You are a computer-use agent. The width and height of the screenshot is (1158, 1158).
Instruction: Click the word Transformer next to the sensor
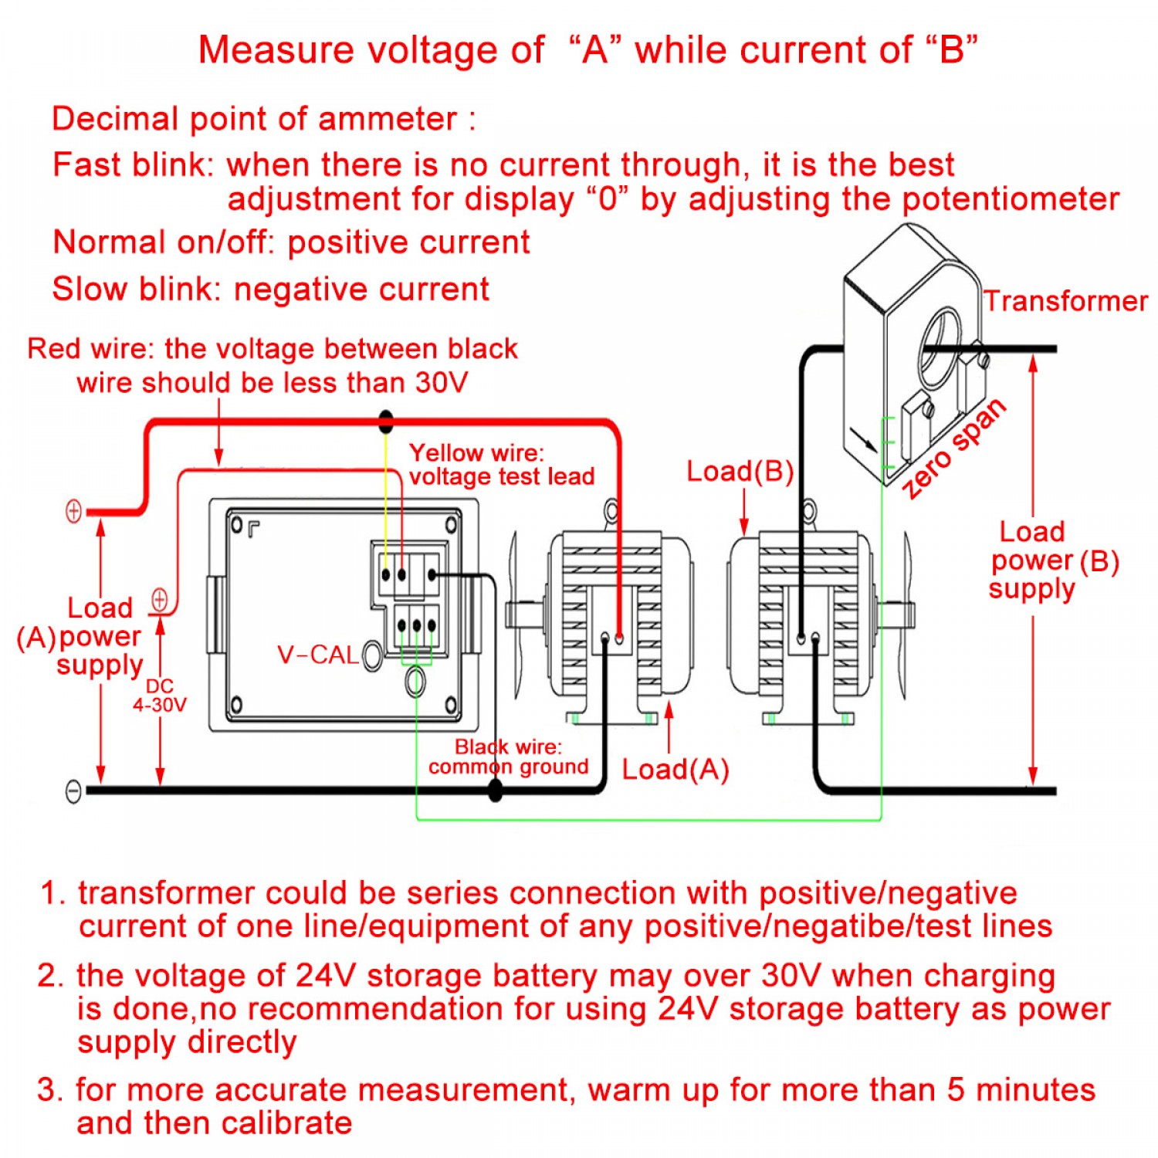(1065, 301)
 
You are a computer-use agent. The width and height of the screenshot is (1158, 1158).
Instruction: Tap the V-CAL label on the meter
(317, 655)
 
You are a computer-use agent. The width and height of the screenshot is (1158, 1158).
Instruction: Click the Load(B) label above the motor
(740, 471)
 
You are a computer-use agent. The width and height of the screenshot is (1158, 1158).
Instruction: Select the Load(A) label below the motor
(675, 769)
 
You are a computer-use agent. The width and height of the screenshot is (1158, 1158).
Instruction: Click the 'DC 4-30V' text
(159, 696)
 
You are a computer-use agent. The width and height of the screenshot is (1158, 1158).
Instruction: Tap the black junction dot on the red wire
(386, 422)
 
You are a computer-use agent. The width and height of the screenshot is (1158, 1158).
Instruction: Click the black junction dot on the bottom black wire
(496, 790)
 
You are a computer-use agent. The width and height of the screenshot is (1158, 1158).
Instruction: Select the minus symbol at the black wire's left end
(73, 791)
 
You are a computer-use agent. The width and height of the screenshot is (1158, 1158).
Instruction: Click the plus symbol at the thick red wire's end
(73, 511)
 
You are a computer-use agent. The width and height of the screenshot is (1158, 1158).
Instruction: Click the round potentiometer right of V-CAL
(372, 656)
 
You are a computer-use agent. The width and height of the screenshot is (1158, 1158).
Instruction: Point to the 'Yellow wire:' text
(476, 452)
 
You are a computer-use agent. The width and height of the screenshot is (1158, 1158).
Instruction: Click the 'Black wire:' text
(508, 747)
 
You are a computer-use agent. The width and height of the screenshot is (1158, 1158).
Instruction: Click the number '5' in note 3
(956, 1089)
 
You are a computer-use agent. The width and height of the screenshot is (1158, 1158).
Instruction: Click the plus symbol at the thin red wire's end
(160, 599)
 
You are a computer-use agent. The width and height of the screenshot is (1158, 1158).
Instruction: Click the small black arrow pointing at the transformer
(864, 439)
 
